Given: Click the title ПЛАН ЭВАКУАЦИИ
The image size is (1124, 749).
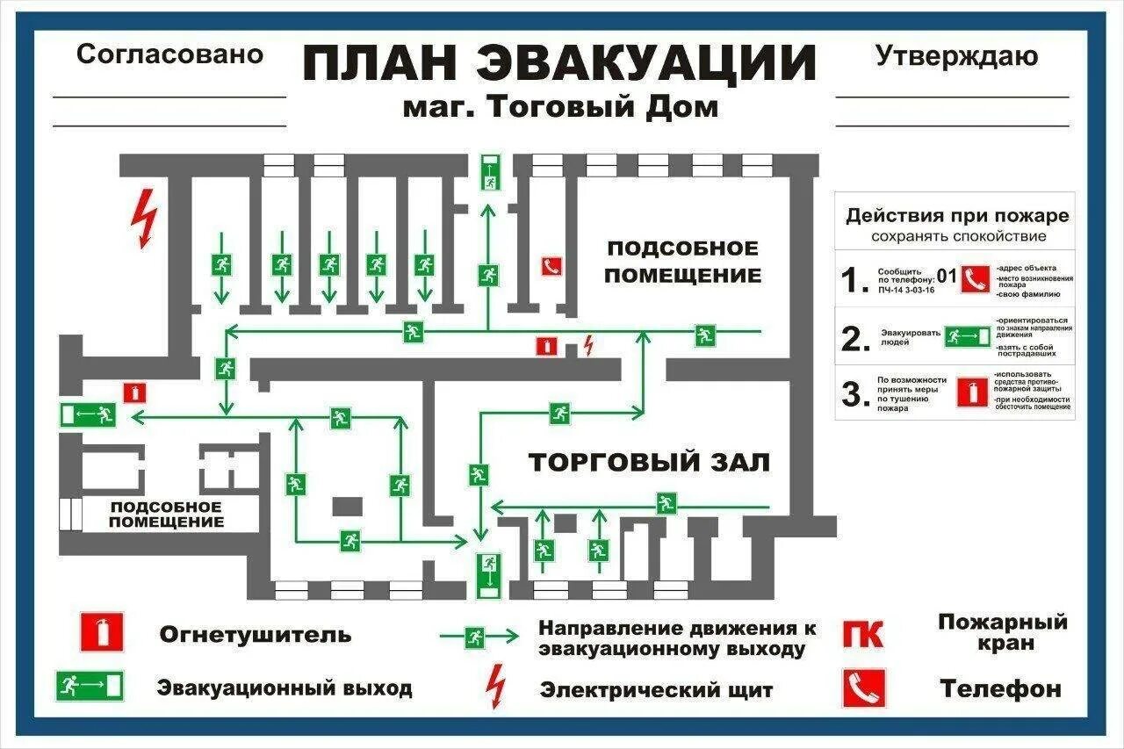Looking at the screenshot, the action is (559, 63).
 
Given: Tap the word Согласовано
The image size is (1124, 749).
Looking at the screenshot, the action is (169, 54).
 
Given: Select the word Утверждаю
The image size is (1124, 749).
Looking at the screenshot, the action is (956, 56).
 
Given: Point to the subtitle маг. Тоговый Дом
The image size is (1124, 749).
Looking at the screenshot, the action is (560, 107).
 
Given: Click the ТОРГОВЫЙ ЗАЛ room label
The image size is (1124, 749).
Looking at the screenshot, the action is (649, 463).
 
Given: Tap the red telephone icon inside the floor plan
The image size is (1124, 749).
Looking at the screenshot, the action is (551, 266).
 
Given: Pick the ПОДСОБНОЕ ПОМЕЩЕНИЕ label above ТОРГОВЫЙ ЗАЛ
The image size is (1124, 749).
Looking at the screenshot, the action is (683, 261).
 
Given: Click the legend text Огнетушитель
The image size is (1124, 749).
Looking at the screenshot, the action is (255, 634).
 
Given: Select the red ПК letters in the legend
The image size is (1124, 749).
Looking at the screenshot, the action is (863, 633).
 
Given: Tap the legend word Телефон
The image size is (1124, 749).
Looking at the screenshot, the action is (1000, 688).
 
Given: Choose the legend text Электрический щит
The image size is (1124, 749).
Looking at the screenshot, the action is (656, 690).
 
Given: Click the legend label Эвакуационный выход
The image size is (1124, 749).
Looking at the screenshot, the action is (285, 688).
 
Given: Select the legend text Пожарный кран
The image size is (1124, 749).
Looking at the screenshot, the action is (1002, 632).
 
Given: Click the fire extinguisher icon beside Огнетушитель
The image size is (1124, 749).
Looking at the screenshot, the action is (101, 631).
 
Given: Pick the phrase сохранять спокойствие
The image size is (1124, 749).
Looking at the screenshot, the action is (958, 236).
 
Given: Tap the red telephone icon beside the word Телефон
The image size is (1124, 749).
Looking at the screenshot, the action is (863, 688).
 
